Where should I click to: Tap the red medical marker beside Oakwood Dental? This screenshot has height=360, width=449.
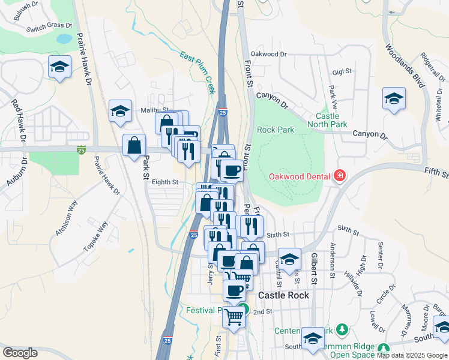coord(340,176)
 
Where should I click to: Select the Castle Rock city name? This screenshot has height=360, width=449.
coord(283,295)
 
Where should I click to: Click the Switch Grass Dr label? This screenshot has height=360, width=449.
coord(49,26)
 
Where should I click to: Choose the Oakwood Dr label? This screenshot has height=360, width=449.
coord(268,54)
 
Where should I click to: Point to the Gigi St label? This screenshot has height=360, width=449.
coord(342,71)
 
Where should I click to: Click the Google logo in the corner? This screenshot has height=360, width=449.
coord(20,353)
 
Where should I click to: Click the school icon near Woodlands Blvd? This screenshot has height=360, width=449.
coord(394,100)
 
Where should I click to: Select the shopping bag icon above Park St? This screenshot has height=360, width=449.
coord(134,146)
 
